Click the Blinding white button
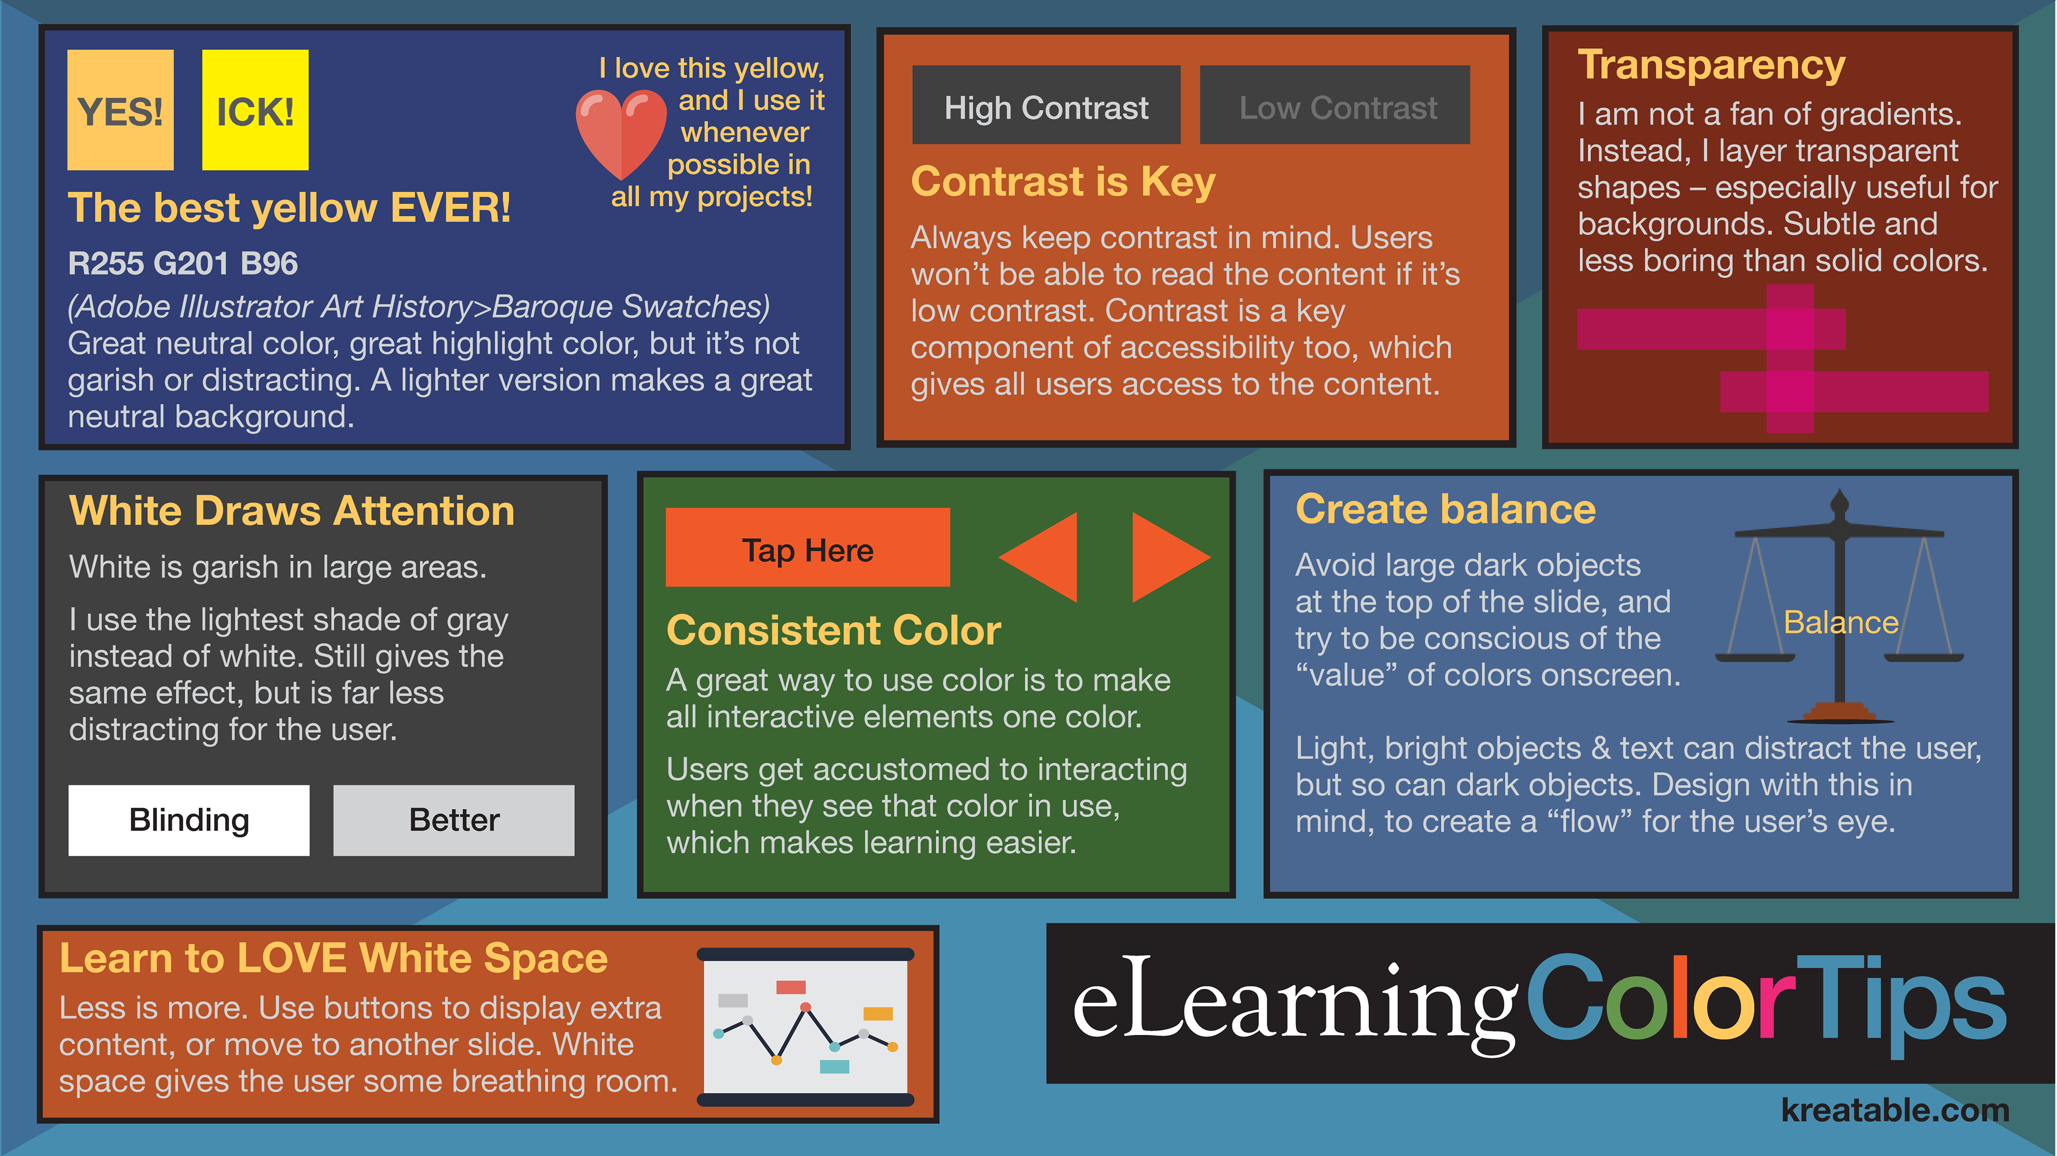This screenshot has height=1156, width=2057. [x=189, y=820]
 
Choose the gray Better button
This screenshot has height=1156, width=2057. [x=454, y=820]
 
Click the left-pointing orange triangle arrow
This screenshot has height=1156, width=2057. [x=1038, y=557]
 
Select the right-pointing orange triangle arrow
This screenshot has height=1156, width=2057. [x=1170, y=557]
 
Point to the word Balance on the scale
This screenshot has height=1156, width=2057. [x=1841, y=622]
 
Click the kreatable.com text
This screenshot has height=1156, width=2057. [x=1895, y=1110]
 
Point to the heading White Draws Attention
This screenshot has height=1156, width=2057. [x=291, y=511]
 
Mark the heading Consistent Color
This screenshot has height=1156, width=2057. [x=834, y=630]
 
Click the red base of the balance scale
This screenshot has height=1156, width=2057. [x=1840, y=710]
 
